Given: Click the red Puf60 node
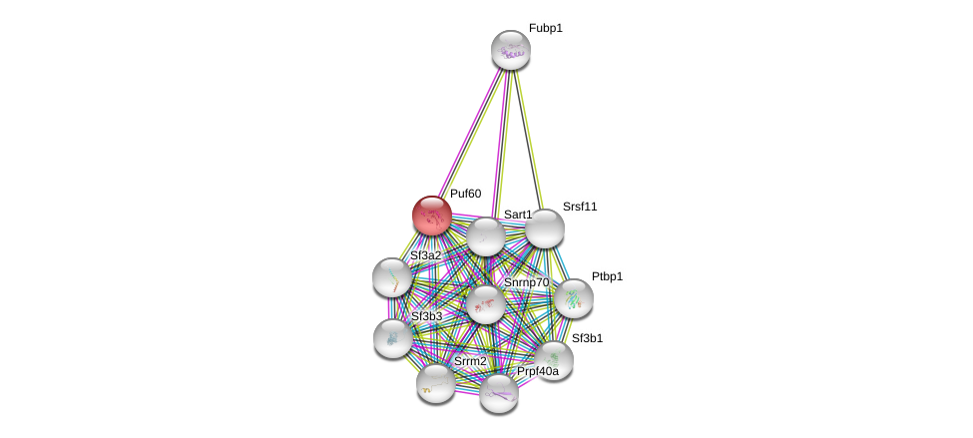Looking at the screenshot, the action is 432,216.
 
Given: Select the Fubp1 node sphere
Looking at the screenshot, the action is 511,50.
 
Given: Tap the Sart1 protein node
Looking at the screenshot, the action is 486,236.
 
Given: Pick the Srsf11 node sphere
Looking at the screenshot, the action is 544,228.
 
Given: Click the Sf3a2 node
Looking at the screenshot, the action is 392,277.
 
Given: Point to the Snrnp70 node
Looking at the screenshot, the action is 486,304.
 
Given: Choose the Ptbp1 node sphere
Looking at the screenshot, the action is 574,298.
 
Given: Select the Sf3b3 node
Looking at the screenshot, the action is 393,338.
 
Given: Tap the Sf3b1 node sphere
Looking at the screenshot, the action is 554,360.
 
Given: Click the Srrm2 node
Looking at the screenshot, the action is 436,383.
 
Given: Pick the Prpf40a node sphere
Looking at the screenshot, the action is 499,393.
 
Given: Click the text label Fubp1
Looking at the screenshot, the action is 546,29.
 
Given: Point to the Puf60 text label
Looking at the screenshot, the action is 465,194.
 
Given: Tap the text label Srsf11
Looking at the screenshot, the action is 580,207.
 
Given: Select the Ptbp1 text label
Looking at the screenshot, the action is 607,276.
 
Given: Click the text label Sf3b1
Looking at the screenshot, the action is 587,339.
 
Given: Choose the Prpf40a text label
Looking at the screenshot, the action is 538,371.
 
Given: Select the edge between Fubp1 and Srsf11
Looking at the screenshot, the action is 527,139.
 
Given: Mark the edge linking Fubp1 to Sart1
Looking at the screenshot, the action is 499,143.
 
